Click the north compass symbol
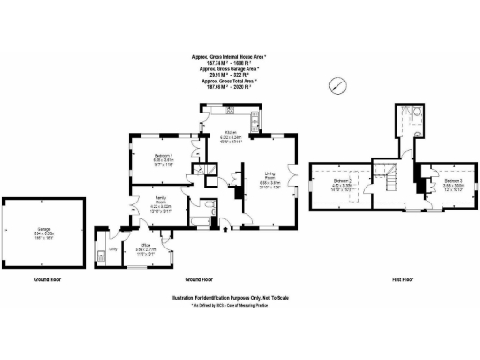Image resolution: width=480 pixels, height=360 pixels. point(336,85)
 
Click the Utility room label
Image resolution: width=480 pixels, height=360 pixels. point(113,249)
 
